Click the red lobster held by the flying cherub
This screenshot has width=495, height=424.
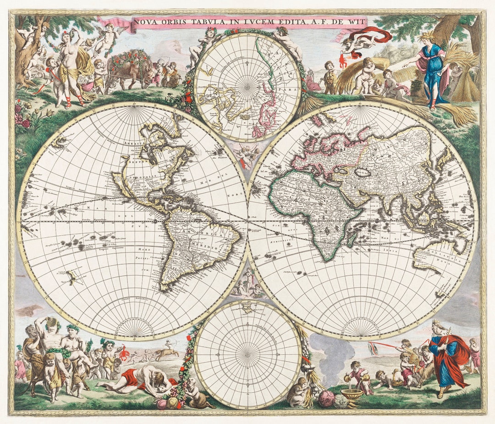click(343, 61)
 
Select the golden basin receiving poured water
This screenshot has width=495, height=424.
click(352, 394)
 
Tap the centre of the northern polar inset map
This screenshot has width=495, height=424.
click(247, 87)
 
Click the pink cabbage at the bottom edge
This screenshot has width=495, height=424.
click(326, 398)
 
